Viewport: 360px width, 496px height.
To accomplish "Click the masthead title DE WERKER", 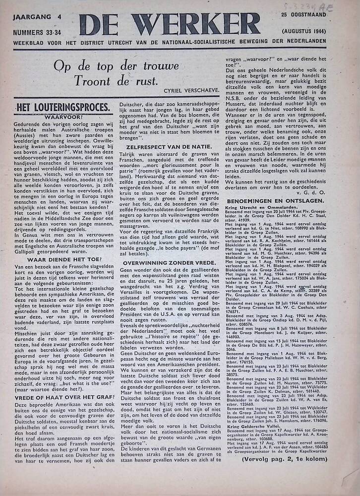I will pyautogui.click(x=170, y=24).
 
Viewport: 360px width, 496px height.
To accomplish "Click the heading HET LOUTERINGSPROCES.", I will pyautogui.click(x=62, y=107).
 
